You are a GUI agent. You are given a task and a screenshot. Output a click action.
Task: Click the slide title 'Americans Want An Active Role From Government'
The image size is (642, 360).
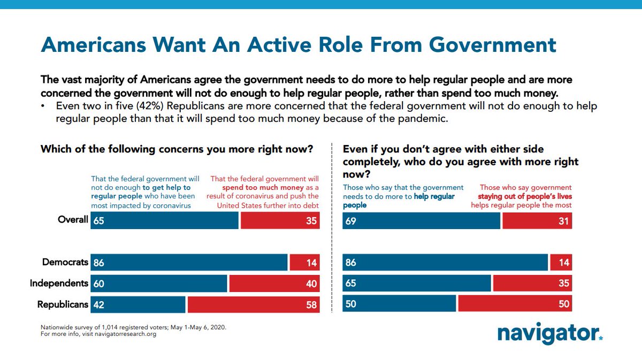[299, 45]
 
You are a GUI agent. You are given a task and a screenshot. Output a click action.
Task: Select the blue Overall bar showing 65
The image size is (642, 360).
[164, 220]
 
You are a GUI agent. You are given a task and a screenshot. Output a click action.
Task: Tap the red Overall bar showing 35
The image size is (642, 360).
[280, 220]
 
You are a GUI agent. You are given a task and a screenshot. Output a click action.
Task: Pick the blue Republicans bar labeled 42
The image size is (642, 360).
[138, 304]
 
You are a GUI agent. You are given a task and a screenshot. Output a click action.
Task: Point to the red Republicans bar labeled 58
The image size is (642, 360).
[253, 304]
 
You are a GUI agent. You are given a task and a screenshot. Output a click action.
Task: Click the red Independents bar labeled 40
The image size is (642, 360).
[274, 284]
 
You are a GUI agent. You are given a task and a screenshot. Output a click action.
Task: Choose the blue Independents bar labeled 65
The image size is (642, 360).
[417, 284]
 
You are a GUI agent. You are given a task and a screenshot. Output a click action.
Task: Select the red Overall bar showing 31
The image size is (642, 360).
[537, 220]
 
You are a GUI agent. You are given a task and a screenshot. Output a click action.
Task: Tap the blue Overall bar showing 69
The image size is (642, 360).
[422, 220]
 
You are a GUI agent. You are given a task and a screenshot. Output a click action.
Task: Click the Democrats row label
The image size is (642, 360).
[65, 262]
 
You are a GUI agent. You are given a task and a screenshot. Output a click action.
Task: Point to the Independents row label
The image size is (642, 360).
[59, 284]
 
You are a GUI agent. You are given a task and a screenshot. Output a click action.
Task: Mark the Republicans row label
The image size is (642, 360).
[63, 304]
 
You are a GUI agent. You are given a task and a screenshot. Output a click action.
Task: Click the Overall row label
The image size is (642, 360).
[73, 220]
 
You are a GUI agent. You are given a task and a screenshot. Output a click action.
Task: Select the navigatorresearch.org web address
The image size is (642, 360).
[126, 334]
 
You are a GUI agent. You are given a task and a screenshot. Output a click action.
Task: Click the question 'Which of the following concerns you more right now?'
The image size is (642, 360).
[177, 149]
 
